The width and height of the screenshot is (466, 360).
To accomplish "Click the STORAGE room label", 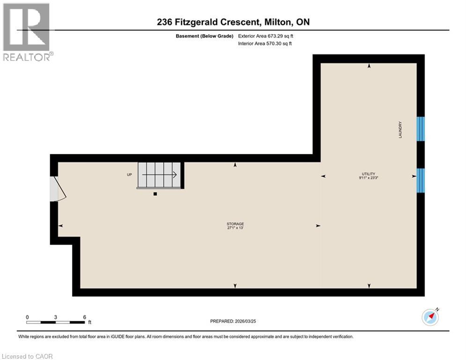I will (235, 224).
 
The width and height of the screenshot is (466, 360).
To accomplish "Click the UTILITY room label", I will (369, 174).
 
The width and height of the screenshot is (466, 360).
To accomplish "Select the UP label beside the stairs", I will (129, 175).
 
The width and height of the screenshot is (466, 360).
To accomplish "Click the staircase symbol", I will (159, 175).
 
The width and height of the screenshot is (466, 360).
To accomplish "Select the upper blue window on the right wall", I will (421, 129).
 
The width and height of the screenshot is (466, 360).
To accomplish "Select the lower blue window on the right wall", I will (421, 180).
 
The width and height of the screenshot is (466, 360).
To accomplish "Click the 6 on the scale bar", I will (84, 317).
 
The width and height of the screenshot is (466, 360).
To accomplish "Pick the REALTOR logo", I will (26, 32).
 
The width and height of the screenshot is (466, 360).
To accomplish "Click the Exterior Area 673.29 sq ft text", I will (266, 36).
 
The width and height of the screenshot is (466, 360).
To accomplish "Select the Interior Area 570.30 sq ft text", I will (266, 44).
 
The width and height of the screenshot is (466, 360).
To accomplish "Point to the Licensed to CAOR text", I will (28, 356).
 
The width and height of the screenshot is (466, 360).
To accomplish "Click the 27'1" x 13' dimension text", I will (235, 228).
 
